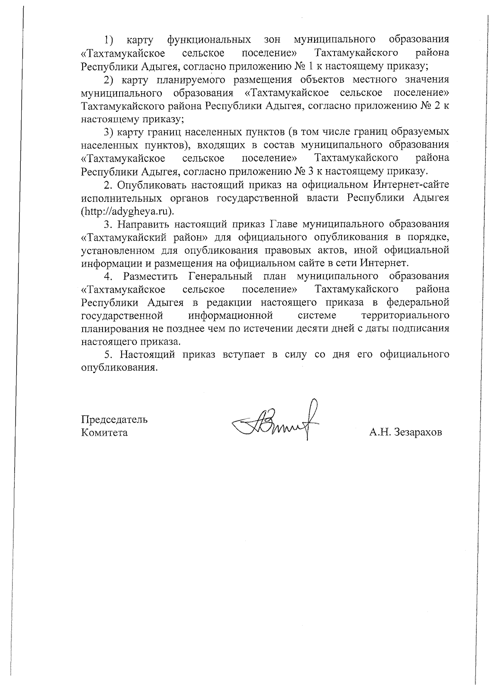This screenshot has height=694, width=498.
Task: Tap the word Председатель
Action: tap(114, 419)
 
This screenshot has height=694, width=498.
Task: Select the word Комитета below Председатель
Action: tap(104, 432)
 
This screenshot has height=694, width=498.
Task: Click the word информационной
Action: tap(230, 315)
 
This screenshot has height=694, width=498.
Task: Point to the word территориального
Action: tap(405, 315)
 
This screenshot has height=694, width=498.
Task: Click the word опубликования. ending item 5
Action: tap(120, 368)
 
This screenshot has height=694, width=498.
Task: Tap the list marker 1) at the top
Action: tap(109, 40)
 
